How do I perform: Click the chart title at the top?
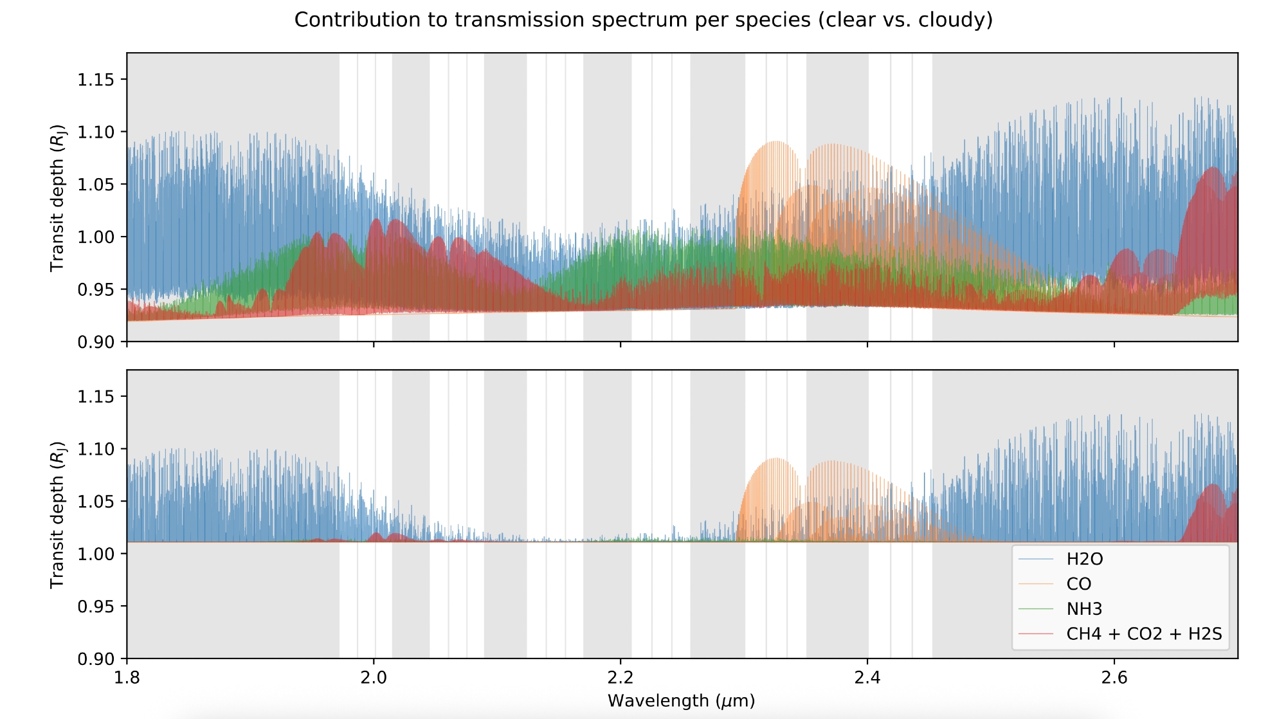(643, 20)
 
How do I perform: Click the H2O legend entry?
(1084, 559)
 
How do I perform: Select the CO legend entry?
(1078, 584)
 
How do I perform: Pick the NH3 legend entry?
(1084, 608)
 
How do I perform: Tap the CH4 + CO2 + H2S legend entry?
(1143, 634)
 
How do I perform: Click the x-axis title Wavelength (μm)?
(681, 700)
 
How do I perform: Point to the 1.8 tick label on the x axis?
(127, 677)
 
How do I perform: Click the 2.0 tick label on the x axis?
(374, 677)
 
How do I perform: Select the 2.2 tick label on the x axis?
(620, 677)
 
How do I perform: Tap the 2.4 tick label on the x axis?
(867, 677)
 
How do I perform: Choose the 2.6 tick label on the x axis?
(1114, 677)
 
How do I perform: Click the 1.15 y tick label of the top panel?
(96, 80)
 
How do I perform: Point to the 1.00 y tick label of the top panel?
(96, 237)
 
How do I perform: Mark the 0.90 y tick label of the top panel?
(96, 342)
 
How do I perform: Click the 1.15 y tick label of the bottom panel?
(96, 397)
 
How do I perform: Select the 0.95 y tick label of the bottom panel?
(96, 606)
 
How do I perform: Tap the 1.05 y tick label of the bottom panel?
(96, 502)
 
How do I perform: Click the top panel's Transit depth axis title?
(58, 197)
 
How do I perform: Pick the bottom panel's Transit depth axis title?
(58, 514)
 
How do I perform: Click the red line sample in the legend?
(1036, 634)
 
